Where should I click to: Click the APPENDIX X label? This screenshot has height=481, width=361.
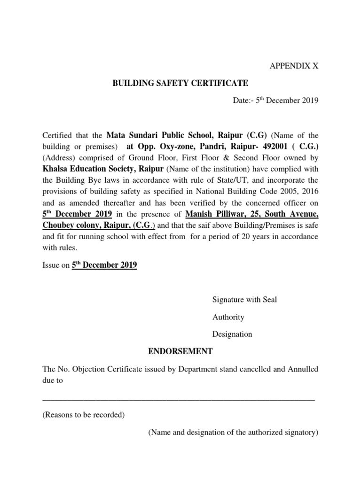coord(294,66)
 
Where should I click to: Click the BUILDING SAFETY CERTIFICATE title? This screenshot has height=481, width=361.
coord(180,84)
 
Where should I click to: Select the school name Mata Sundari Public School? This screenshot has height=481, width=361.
coord(167,135)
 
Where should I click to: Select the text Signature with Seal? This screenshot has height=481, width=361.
coord(244,300)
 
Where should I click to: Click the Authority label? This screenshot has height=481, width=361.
coord(228,317)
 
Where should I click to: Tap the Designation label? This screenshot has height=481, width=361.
coord(232,334)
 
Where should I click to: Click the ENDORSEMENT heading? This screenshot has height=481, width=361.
coord(174,351)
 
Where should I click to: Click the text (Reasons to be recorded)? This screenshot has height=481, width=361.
coord(83,415)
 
